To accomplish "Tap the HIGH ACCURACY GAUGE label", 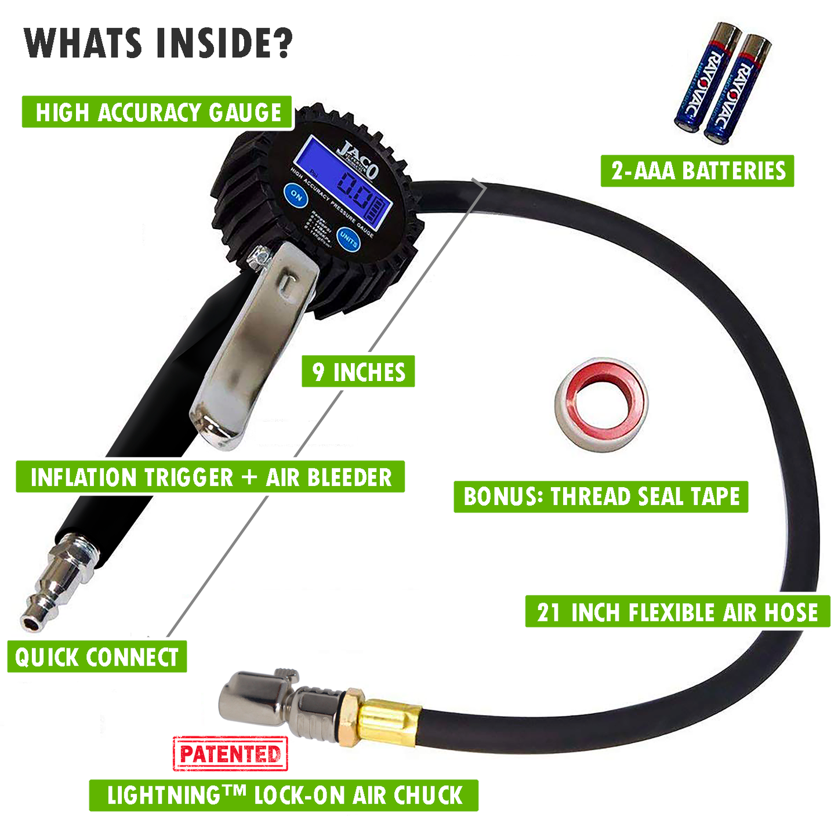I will click(x=158, y=112).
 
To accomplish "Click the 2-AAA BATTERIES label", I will click(x=698, y=171).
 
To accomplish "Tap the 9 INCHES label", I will click(x=358, y=372).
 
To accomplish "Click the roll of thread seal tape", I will click(x=601, y=404).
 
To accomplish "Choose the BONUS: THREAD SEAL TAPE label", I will click(x=601, y=496).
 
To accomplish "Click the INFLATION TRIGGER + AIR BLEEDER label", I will click(x=210, y=477).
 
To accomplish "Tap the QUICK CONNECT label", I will click(x=97, y=657).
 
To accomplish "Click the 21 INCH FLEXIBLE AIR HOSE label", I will click(x=677, y=611).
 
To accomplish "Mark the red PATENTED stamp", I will click(x=230, y=753).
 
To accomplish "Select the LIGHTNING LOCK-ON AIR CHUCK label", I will click(x=284, y=795).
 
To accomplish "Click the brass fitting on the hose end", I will click(x=386, y=723).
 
